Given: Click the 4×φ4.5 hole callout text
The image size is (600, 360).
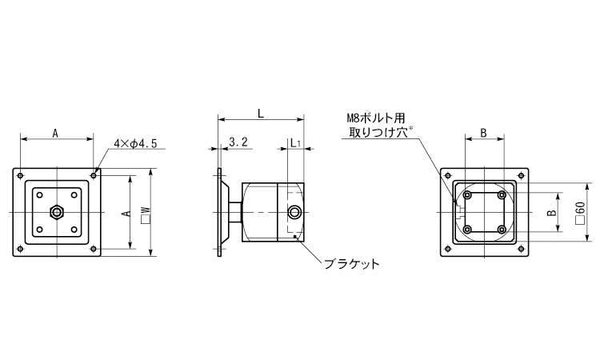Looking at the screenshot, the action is tap(135, 144).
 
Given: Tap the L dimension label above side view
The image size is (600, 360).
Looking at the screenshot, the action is tap(261, 114).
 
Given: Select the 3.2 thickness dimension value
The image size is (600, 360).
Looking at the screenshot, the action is tap(238, 142).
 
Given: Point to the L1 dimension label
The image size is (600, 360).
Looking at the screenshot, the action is tap(295, 143).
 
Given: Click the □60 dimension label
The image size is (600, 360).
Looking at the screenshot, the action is tap(580, 213).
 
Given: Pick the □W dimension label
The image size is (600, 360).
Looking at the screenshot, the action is tap(146, 215).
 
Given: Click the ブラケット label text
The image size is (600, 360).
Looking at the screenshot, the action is tap(352, 264).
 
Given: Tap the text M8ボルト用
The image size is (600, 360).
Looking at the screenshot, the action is tap(375, 118).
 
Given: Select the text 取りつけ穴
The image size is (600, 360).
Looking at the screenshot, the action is tap(378, 132).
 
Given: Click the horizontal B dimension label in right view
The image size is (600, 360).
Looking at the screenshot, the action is tap(484, 133).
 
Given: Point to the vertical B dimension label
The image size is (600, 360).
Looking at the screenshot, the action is tap(551, 213).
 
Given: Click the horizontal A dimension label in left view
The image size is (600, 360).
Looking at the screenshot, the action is tap(55, 134).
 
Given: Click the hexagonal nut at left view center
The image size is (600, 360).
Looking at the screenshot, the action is tap(57, 212).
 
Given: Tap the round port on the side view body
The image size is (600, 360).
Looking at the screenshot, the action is tap(294, 212).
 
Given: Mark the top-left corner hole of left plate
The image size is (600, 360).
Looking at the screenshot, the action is tap(21, 176).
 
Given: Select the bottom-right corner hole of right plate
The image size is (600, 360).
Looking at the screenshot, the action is tap(521, 249).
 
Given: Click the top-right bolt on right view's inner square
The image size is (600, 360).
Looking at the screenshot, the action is tap(502, 195).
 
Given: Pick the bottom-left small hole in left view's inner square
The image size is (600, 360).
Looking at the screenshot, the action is tap(39, 230).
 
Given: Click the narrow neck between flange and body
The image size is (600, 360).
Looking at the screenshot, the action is tap(235, 212).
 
